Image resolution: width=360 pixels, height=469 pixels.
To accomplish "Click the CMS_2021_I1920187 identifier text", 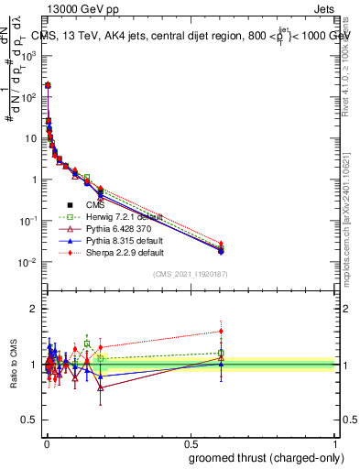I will coord(191,274).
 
